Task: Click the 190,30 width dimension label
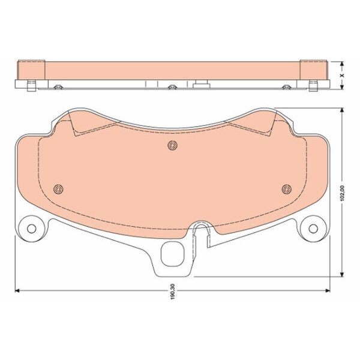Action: [173, 291]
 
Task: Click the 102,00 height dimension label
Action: [342, 193]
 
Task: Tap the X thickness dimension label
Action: [342, 76]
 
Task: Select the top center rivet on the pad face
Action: [173, 145]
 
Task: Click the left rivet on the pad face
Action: [58, 189]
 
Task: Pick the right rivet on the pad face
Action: [287, 189]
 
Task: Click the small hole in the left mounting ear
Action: [31, 229]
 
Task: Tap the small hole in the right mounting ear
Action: [313, 229]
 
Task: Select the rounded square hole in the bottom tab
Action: [173, 254]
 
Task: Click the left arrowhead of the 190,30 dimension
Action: [17, 290]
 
